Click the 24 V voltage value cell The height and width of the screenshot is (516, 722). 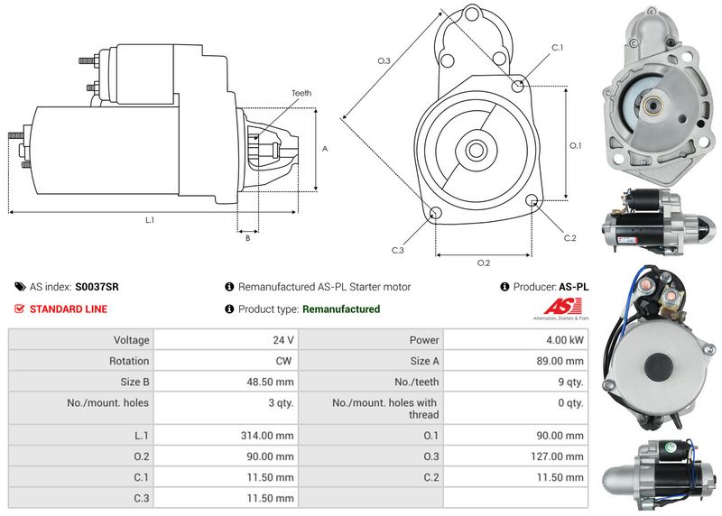282,340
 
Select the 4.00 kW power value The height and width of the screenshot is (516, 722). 565,340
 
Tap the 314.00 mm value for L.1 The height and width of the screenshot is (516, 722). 267,435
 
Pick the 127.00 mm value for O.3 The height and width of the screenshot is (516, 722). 557,456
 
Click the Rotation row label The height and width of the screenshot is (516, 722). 129,361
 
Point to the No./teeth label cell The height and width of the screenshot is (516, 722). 416,382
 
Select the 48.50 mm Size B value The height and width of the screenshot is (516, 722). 270,382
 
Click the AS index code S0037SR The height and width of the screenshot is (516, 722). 97,287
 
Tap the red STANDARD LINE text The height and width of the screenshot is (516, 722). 69,309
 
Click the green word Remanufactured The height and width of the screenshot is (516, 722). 341,309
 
